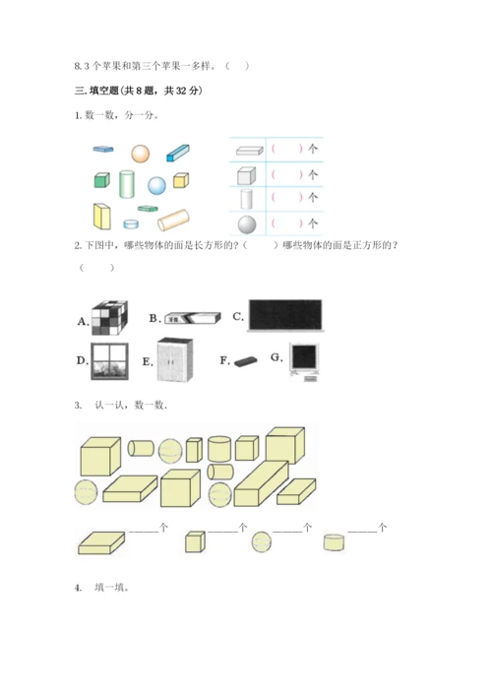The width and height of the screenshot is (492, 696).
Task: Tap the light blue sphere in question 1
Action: click(156, 185)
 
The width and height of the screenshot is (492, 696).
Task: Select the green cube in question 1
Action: click(100, 180)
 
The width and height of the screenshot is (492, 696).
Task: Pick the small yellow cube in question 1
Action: click(180, 179)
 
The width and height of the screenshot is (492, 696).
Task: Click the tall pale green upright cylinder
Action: click(127, 184)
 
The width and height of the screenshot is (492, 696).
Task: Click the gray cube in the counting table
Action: click(246, 175)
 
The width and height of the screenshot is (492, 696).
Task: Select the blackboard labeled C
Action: click(286, 314)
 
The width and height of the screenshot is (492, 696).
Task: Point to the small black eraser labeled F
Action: click(244, 362)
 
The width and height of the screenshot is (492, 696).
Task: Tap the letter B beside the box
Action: click(154, 318)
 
